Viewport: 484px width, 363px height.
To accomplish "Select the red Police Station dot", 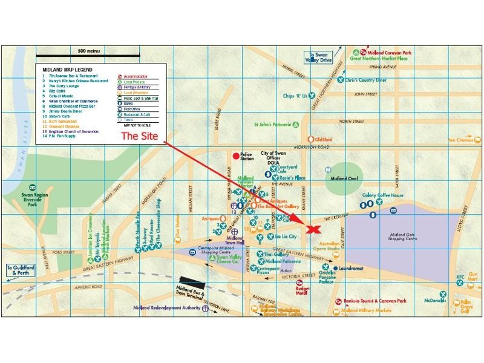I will [237, 156].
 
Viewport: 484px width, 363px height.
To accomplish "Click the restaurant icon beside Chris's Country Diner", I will [341, 79].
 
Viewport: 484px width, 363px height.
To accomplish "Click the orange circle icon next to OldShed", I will [310, 139].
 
